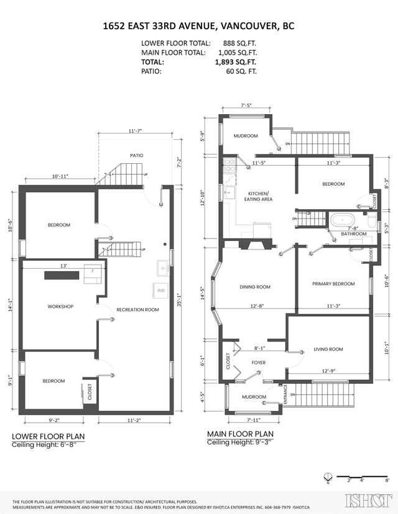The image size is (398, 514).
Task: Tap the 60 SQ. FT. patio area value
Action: [x=239, y=71]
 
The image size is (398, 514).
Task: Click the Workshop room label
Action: [x=61, y=307]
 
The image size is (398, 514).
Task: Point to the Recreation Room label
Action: [x=137, y=309]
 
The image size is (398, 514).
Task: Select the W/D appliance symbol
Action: [x=160, y=290]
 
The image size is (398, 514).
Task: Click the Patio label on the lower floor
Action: [x=136, y=156]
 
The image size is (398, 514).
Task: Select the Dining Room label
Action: [x=255, y=287]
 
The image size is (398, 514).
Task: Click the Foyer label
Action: [x=259, y=362]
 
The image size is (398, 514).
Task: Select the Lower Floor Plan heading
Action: [x=48, y=436]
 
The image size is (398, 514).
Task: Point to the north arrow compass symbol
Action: [x=328, y=477]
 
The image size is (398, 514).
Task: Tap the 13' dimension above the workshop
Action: [x=63, y=266]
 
